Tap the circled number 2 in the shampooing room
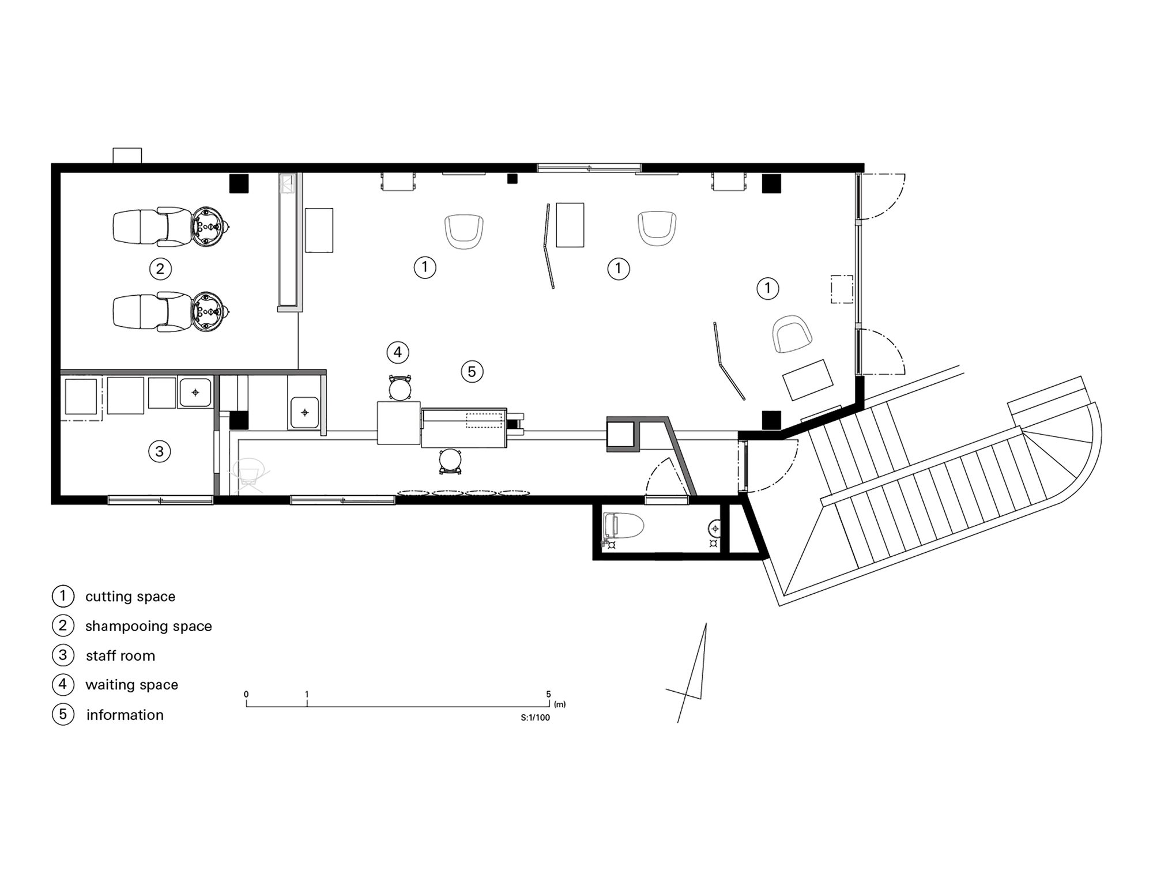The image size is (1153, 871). [160, 269]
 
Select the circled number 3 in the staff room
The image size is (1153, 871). [160, 451]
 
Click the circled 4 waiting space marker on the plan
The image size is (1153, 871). [398, 352]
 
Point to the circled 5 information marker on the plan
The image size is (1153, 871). [472, 372]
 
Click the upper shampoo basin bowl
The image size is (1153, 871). [208, 227]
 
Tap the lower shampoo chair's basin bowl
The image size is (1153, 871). [208, 312]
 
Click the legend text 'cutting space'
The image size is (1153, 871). [130, 597]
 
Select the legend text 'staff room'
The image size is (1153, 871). [120, 656]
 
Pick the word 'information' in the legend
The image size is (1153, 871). [125, 715]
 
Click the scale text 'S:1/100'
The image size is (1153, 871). [535, 718]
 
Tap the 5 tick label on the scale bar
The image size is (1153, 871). [548, 695]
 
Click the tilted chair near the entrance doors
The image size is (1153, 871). [792, 334]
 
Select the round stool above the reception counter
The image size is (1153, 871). [400, 389]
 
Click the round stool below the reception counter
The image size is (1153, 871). [450, 461]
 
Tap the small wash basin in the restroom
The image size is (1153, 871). [714, 527]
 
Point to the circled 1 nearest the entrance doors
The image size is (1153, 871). [767, 288]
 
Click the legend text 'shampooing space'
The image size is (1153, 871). [149, 626]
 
